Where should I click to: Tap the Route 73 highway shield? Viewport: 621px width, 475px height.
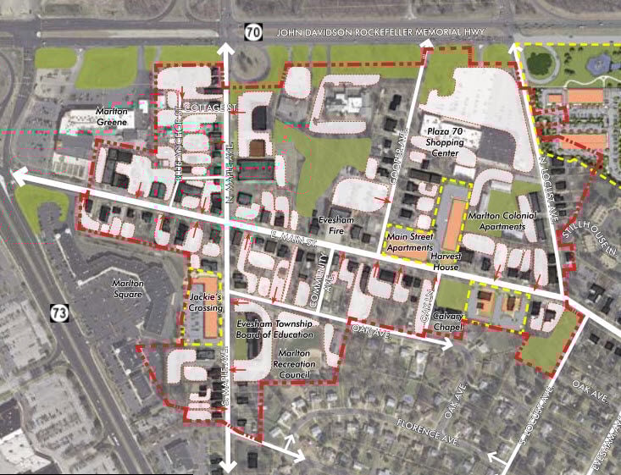point(58,312)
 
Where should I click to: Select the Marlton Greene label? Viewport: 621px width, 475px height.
point(112,116)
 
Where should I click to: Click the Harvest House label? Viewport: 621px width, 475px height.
point(445,261)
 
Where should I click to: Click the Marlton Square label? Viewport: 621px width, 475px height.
point(132,289)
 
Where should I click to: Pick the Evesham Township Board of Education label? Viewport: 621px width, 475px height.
point(274,329)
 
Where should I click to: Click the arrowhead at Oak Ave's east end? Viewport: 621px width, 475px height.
point(448,345)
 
